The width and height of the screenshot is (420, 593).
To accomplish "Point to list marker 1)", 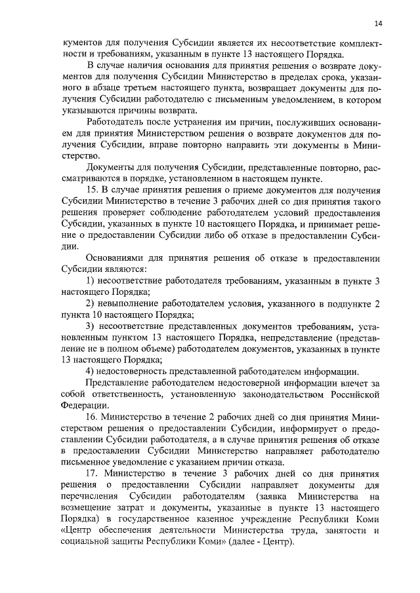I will pos(93,280).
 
